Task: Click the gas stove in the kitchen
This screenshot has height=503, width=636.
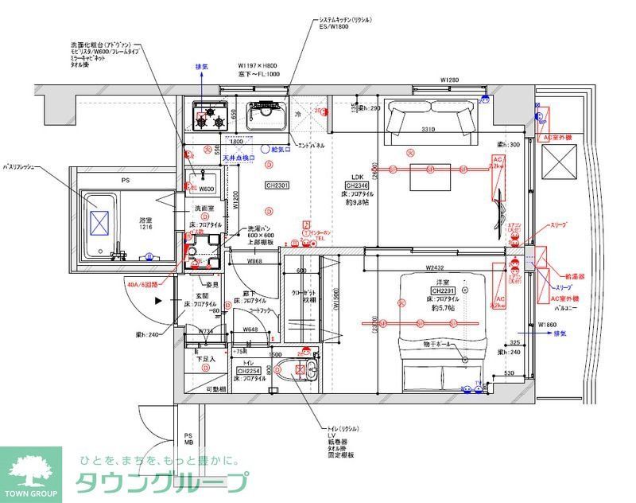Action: pyautogui.click(x=210, y=118)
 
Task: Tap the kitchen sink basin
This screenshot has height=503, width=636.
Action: pyautogui.click(x=267, y=118)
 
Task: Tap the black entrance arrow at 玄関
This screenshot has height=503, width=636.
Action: pyautogui.click(x=159, y=301)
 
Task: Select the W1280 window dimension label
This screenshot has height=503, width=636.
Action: pyautogui.click(x=450, y=80)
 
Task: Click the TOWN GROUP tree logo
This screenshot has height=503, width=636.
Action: pyautogui.click(x=30, y=470)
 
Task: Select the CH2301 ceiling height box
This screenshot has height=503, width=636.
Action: pyautogui.click(x=277, y=185)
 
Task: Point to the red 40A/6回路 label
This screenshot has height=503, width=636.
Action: pyautogui.click(x=142, y=283)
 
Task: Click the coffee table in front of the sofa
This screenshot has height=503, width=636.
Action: pyautogui.click(x=432, y=181)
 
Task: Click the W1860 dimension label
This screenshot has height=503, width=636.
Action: pyautogui.click(x=549, y=325)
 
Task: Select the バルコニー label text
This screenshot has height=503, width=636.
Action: pyautogui.click(x=564, y=306)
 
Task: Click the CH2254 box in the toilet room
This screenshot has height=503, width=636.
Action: pyautogui.click(x=250, y=371)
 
